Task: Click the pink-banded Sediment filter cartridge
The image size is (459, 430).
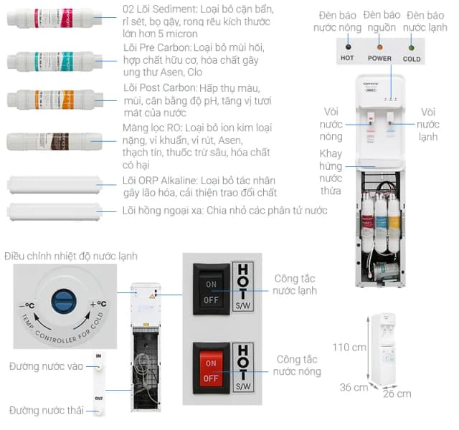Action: coord(49,17)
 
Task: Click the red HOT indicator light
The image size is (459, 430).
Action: coord(347,47)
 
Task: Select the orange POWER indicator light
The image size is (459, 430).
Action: coord(379,47)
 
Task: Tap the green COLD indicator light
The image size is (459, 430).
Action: coord(412,47)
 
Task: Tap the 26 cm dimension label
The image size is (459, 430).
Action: coord(397,393)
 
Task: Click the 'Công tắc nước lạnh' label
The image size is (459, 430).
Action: coord(295,285)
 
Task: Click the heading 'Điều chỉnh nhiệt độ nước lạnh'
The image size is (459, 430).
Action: coord(70,256)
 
